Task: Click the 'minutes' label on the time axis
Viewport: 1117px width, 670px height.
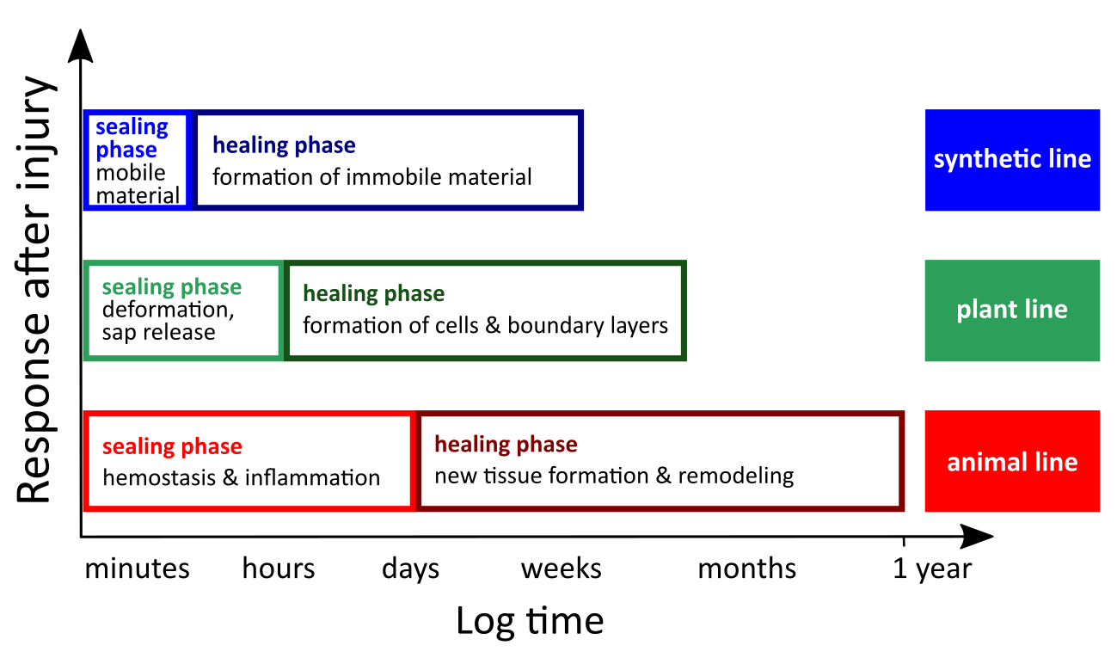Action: [x=137, y=569]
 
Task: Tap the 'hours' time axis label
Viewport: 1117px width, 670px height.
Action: [x=279, y=569]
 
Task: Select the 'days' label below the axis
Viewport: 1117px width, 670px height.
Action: [x=410, y=569]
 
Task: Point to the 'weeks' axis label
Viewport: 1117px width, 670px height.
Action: [x=562, y=569]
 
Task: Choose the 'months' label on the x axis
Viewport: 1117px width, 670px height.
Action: [x=747, y=569]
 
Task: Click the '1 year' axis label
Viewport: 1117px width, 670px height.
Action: [x=932, y=569]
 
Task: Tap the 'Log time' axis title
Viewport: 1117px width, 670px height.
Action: [x=530, y=622]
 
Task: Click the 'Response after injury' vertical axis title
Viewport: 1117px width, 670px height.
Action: [x=35, y=289]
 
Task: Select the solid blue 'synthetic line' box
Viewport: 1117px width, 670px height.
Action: [x=1012, y=160]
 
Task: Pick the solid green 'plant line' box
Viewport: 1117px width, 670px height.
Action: [x=1012, y=310]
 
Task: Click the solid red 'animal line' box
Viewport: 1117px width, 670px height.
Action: [x=1012, y=461]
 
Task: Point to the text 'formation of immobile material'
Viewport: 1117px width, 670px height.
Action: [x=372, y=177]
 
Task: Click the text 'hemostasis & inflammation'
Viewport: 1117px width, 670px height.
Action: [x=242, y=478]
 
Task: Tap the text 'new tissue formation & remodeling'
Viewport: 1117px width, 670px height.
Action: [x=614, y=476]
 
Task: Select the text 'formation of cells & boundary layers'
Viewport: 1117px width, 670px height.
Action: [x=485, y=326]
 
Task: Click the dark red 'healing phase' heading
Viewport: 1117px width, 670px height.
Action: [x=506, y=444]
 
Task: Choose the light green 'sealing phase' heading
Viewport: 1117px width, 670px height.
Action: [x=171, y=287]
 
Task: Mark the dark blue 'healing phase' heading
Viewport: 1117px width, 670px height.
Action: [x=284, y=145]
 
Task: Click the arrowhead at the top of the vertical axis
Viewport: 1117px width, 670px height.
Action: [x=80, y=46]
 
